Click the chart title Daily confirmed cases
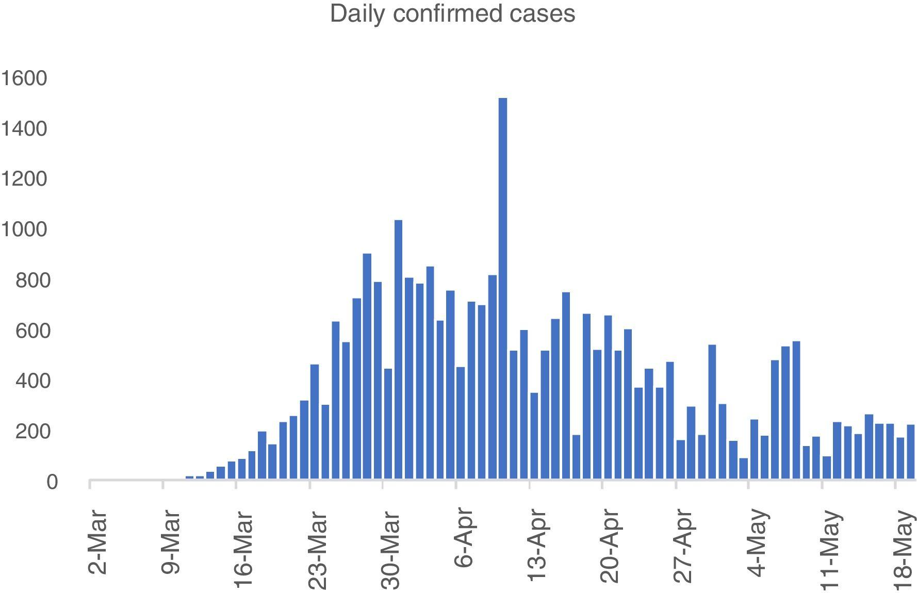(x=452, y=14)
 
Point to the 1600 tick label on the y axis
(x=24, y=78)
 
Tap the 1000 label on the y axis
(x=24, y=229)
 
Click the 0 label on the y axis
(x=52, y=482)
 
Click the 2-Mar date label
(x=97, y=542)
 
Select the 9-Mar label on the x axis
(x=171, y=542)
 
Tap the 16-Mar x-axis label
(x=244, y=550)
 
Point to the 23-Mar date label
(x=317, y=550)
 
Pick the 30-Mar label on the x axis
(x=390, y=550)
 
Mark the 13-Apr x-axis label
(x=537, y=546)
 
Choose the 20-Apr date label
(x=610, y=546)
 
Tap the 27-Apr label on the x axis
(x=683, y=546)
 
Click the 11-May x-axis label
(x=830, y=550)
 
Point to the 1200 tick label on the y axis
(x=24, y=179)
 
